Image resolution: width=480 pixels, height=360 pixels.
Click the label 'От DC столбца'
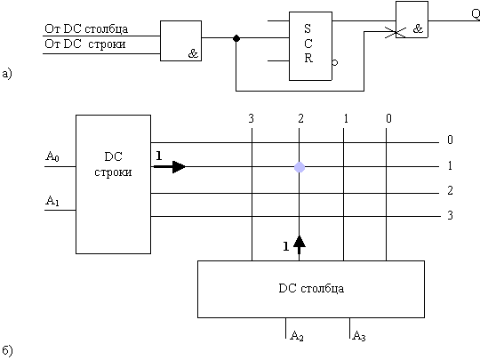tap(86, 28)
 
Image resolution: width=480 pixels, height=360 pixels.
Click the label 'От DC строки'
tap(85, 44)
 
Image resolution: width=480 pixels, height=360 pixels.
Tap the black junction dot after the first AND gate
tap(236, 38)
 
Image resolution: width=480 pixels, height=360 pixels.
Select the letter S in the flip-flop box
tap(308, 28)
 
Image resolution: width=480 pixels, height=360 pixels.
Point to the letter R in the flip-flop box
tap(308, 58)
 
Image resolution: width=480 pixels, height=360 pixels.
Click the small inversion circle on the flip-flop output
tap(335, 63)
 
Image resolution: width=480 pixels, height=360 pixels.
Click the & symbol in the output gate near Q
tap(418, 29)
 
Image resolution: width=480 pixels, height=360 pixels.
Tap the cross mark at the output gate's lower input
tap(396, 32)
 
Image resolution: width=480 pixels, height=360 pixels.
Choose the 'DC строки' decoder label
tap(113, 164)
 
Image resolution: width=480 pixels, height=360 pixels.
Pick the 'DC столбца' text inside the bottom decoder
tap(311, 288)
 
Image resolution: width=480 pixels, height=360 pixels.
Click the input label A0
tap(52, 156)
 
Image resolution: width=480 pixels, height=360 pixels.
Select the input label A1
tap(52, 201)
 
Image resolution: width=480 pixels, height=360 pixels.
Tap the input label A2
tap(296, 336)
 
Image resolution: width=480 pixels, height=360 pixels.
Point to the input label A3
tap(359, 336)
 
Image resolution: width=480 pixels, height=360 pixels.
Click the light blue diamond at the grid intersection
tap(300, 167)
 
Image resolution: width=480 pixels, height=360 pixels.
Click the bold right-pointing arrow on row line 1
tap(169, 167)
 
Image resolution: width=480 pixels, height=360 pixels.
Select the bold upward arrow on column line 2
tap(299, 244)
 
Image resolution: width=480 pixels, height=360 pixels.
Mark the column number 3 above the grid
tap(252, 118)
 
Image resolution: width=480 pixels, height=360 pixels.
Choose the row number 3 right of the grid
tap(450, 215)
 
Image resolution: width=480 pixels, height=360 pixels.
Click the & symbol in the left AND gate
tap(193, 54)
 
